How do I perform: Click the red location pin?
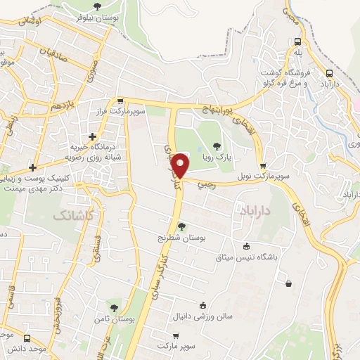[x=181, y=165]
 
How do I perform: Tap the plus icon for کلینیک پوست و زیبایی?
[x=32, y=167]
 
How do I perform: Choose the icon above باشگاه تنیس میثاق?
[x=246, y=246]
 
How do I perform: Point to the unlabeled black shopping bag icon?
[x=289, y=283]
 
